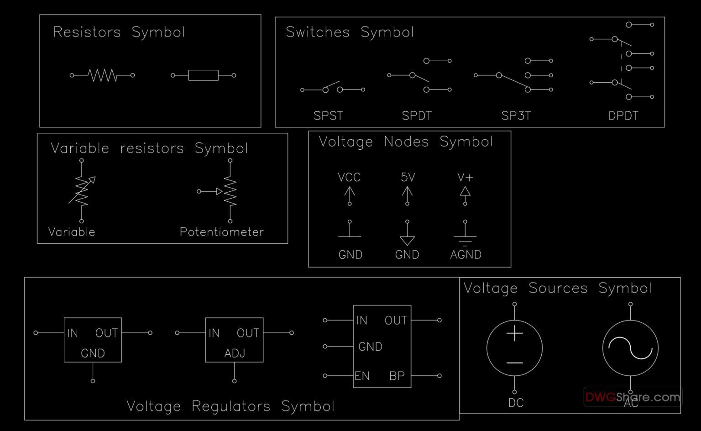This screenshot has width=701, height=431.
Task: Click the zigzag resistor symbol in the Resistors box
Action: click(102, 75)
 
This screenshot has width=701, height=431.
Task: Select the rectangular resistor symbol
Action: click(203, 75)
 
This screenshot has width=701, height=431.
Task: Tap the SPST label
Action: click(328, 116)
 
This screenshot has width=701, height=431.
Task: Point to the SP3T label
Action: click(516, 116)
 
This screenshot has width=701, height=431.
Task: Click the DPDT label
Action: click(623, 116)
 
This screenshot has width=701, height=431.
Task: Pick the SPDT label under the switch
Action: click(417, 116)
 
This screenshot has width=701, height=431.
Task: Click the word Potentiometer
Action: click(222, 232)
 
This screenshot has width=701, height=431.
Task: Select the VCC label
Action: click(349, 177)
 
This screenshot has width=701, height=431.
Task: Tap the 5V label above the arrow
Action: click(408, 177)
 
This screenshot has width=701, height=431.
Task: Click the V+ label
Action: click(465, 177)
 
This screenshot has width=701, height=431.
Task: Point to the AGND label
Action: click(466, 254)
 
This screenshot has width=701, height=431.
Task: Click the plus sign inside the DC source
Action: click(514, 333)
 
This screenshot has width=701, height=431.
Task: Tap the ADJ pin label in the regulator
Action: click(235, 353)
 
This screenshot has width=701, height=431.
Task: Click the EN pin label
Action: click(362, 376)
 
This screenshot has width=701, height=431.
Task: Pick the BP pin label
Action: click(397, 376)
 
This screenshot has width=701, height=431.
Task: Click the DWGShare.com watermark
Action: click(633, 397)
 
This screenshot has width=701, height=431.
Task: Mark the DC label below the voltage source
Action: click(516, 403)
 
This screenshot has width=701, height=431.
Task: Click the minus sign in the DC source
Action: click(514, 363)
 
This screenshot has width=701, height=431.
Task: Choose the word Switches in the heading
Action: click(318, 32)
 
